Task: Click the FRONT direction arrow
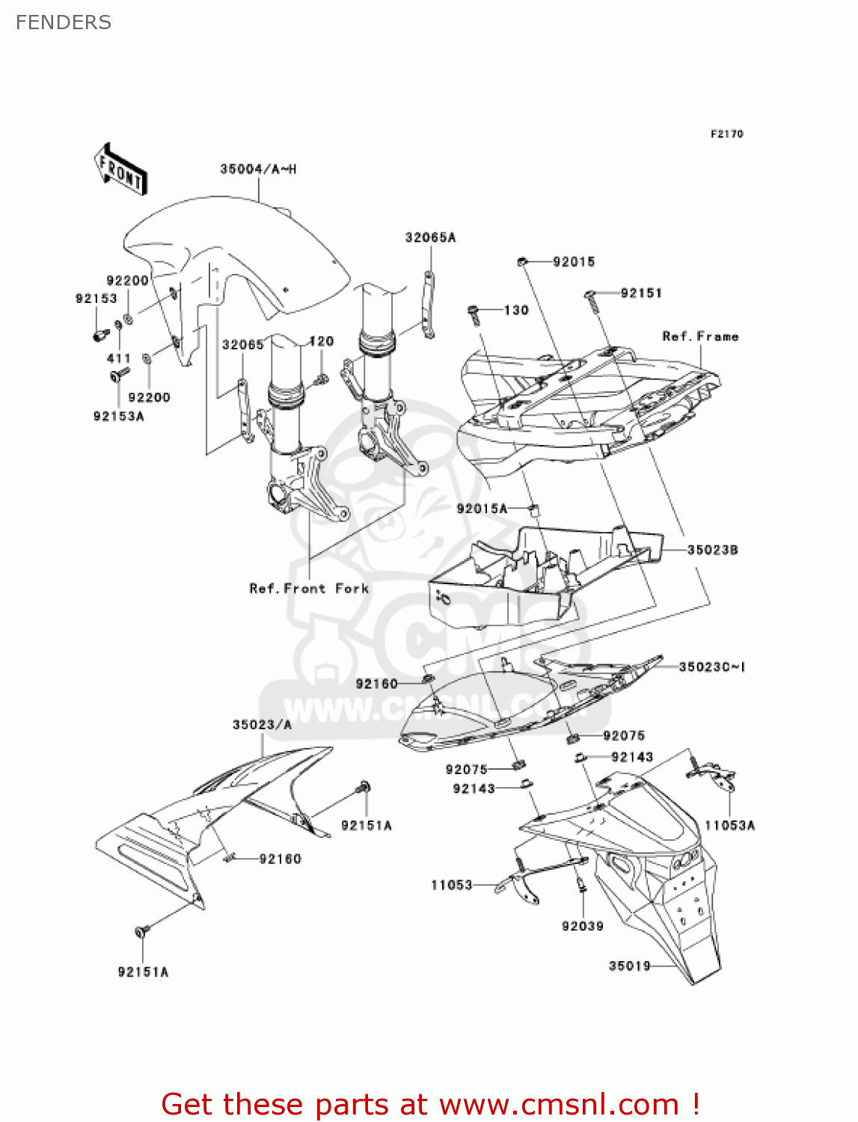pyautogui.click(x=120, y=170)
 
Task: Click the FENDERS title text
pyautogui.click(x=64, y=23)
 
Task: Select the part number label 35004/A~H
pyautogui.click(x=258, y=170)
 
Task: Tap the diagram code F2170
pyautogui.click(x=726, y=134)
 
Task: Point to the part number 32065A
pyautogui.click(x=430, y=238)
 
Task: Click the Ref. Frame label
pyautogui.click(x=700, y=337)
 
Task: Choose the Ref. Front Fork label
pyautogui.click(x=309, y=589)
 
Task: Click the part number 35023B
pyautogui.click(x=712, y=551)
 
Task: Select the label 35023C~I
pyautogui.click(x=711, y=666)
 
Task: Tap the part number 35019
pyautogui.click(x=629, y=966)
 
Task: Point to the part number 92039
pyautogui.click(x=582, y=926)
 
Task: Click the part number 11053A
pyautogui.click(x=729, y=826)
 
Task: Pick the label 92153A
pyautogui.click(x=118, y=417)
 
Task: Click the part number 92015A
pyautogui.click(x=482, y=509)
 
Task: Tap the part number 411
pyautogui.click(x=118, y=358)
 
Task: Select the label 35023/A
pyautogui.click(x=262, y=725)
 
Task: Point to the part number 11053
pyautogui.click(x=451, y=886)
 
